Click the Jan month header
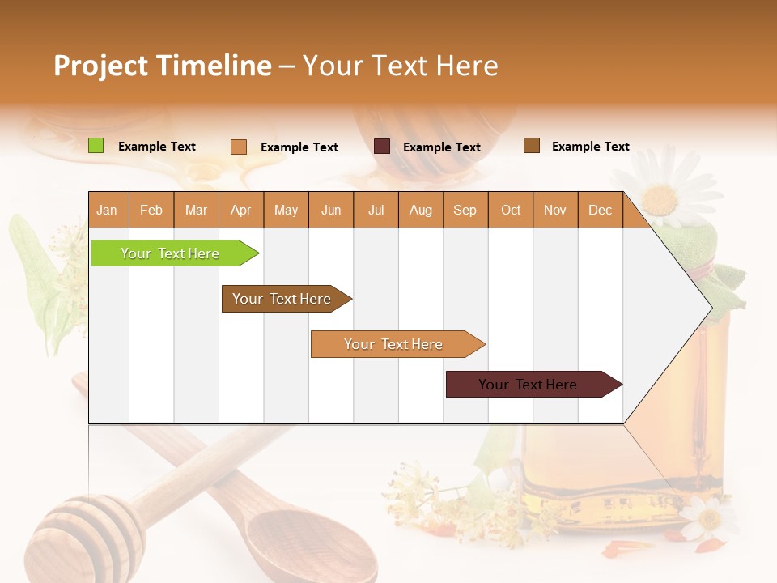pos(107,211)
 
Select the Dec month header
pos(600,211)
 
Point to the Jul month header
pos(376,211)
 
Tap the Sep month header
pos(465,211)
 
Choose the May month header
pos(286,211)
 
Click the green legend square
pos(96,146)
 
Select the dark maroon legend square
pos(382,147)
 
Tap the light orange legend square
pos(239,147)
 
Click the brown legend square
pos(532,146)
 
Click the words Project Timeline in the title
pos(162,66)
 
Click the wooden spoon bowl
pos(299,543)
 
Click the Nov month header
pos(555,211)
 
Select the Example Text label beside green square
pos(157,147)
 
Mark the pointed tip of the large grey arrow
pos(711,308)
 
